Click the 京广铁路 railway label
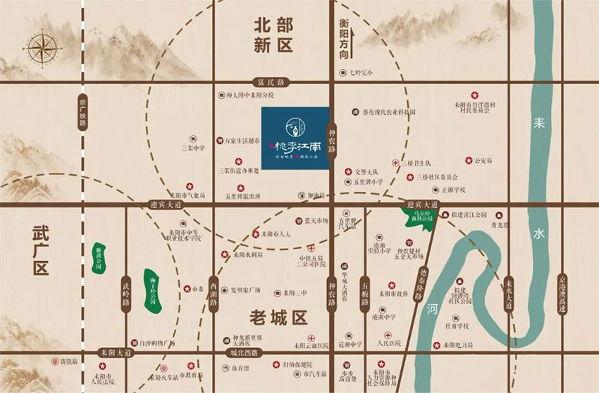click(82, 112)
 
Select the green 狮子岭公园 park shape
click(151, 290)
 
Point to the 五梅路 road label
click(365, 293)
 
